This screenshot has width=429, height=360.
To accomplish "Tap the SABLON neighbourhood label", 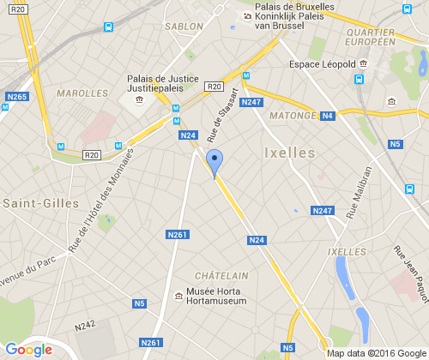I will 184,27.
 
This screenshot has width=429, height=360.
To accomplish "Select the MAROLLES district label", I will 76,92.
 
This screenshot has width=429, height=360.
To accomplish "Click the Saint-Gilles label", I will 31,203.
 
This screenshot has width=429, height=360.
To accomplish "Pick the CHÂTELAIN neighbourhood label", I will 221,275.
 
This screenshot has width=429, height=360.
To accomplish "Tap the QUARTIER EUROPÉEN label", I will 370,37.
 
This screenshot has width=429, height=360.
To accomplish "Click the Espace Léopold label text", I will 323,64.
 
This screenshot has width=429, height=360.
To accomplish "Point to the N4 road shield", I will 327,116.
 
